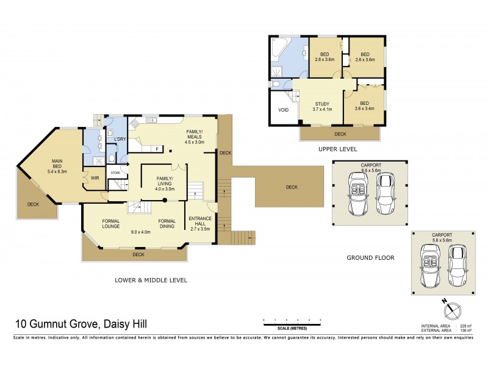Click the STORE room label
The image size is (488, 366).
tap(115, 173)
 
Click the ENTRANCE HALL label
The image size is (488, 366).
tap(199, 223)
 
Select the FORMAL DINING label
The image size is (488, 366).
tap(167, 223)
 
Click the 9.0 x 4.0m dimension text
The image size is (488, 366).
tap(141, 232)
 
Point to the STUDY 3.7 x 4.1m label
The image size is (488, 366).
tap(322, 107)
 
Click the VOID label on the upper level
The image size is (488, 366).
tap(283, 110)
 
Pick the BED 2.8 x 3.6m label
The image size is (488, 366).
tap(325, 57)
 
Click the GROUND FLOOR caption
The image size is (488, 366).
tap(370, 258)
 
